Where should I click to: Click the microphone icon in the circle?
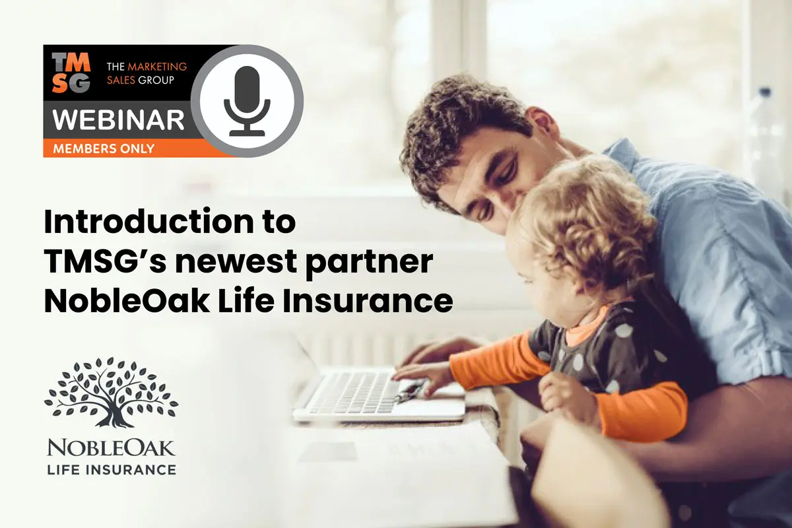tap(247, 101)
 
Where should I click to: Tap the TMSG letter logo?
tap(71, 73)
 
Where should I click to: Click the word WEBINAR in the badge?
tap(118, 120)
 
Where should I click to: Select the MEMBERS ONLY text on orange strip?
tap(104, 148)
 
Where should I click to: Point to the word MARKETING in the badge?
tap(157, 67)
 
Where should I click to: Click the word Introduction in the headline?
tap(148, 222)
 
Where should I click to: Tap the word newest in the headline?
tap(236, 262)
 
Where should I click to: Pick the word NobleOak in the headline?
tap(127, 301)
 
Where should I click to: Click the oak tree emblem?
tap(112, 393)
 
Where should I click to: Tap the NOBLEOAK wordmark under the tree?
tap(112, 448)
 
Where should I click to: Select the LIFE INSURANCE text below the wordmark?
tap(112, 470)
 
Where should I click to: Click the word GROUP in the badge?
tap(156, 81)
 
